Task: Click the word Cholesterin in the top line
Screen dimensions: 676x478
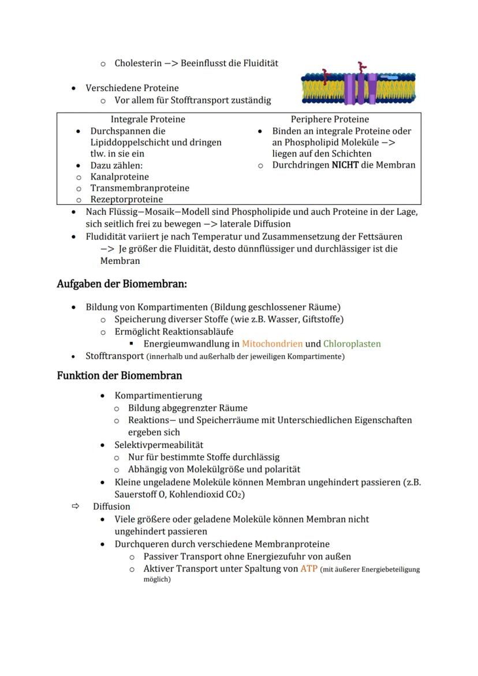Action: (x=138, y=63)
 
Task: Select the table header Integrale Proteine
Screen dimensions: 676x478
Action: (x=148, y=119)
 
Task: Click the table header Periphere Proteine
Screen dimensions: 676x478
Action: (x=330, y=119)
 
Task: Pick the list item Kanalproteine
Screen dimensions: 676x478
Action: (x=119, y=177)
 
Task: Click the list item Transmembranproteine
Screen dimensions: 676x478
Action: (x=139, y=188)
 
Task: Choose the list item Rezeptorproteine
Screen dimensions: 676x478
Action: (x=126, y=200)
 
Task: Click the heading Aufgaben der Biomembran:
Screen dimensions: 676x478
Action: (x=122, y=284)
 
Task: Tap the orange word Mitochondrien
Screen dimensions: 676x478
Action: (x=272, y=344)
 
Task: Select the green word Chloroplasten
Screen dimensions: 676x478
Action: (x=352, y=344)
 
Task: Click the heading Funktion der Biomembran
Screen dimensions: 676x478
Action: (x=119, y=376)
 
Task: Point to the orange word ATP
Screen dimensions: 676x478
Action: (x=309, y=569)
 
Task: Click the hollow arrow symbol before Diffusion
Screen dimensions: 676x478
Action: (x=75, y=506)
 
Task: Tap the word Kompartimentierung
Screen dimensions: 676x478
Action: (x=158, y=395)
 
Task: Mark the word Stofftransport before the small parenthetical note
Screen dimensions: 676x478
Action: (x=114, y=356)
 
